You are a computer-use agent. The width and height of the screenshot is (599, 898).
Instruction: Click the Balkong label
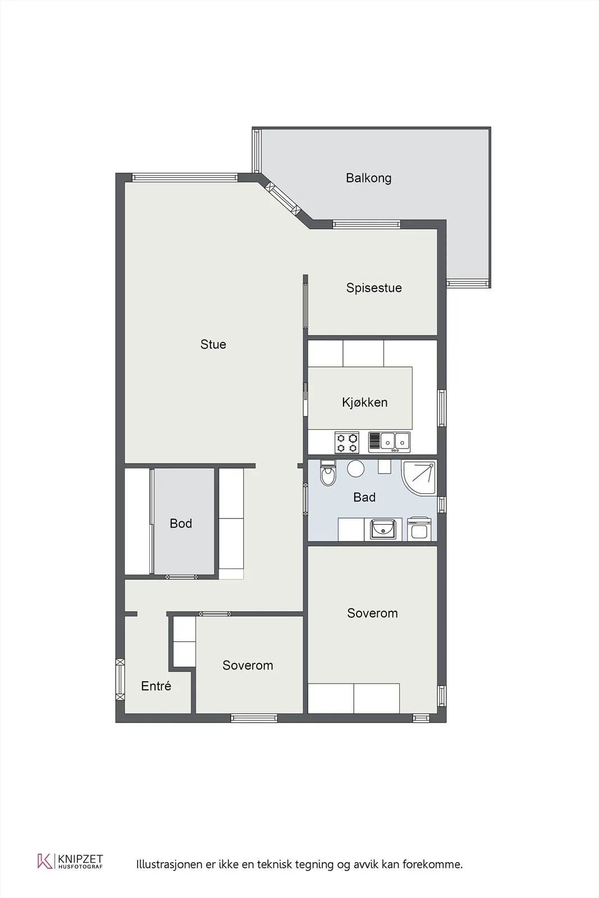tap(368, 178)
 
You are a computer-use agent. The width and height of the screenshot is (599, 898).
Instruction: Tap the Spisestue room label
tap(374, 288)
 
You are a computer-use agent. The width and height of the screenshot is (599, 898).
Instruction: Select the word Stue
tap(213, 345)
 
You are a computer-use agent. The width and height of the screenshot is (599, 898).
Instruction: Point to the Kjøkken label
tap(365, 402)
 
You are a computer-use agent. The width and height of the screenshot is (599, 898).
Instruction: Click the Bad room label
tap(364, 497)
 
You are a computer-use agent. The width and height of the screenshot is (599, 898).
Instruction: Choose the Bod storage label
tap(181, 523)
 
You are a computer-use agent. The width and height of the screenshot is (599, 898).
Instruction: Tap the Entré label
tap(156, 686)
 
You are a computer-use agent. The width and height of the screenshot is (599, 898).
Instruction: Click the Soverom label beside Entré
tap(248, 665)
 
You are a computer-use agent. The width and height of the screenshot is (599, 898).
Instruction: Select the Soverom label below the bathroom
tap(372, 613)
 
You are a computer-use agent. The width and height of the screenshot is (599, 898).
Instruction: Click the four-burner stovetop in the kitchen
tap(347, 443)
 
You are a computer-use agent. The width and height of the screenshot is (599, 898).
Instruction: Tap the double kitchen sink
tap(389, 442)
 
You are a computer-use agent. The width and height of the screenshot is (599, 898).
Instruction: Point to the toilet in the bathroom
tap(328, 473)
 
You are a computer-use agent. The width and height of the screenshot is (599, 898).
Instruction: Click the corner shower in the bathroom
tap(419, 478)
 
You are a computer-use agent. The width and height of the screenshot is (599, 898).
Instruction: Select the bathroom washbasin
tap(383, 529)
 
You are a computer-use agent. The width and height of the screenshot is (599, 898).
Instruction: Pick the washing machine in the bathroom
tap(419, 529)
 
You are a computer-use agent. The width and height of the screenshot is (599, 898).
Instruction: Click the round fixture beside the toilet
tap(355, 468)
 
